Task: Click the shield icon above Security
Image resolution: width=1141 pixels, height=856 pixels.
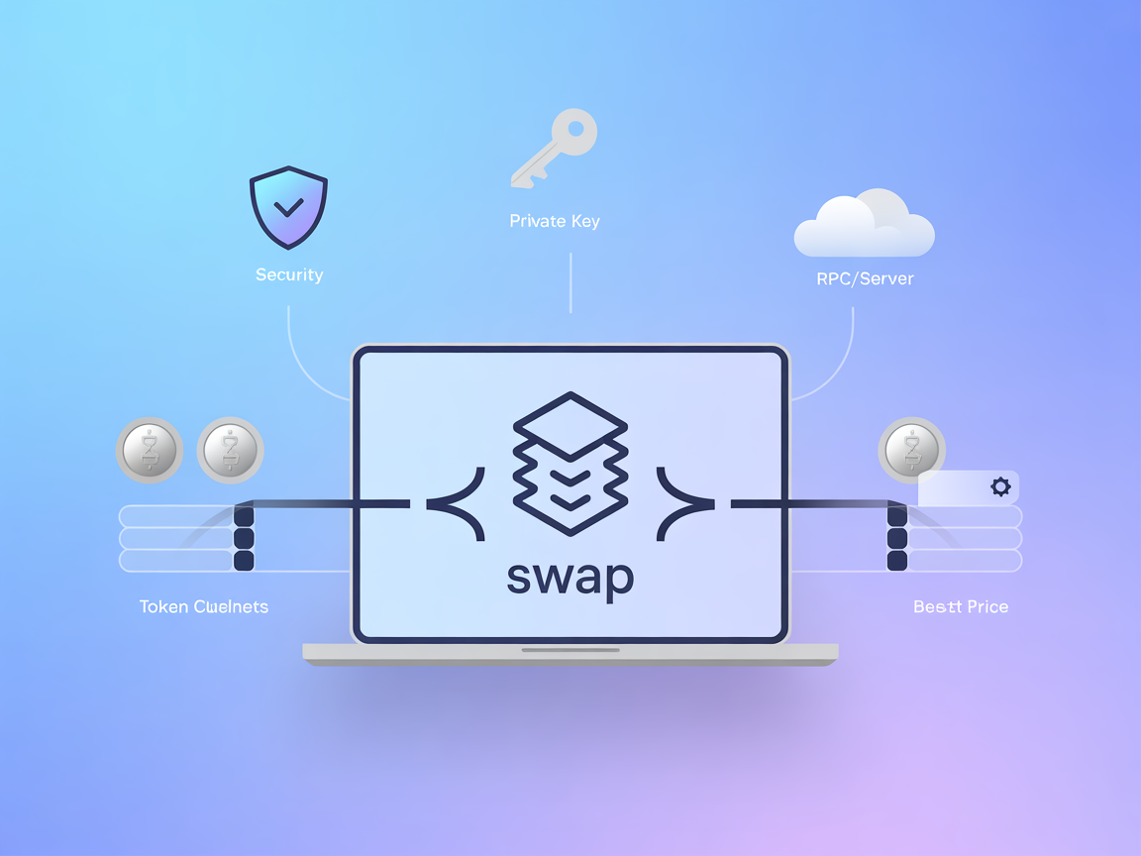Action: (x=288, y=207)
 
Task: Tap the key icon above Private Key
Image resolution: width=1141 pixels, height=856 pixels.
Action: (x=554, y=149)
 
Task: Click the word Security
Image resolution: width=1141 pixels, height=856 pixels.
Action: (x=289, y=274)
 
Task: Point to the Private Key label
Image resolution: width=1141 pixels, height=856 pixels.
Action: (x=555, y=221)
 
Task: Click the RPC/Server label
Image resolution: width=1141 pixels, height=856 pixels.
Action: (x=865, y=278)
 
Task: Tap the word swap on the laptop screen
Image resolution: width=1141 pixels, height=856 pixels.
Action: (x=570, y=577)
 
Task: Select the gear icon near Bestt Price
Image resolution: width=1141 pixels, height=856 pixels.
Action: (x=1000, y=486)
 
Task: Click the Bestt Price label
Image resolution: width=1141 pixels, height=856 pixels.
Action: (x=961, y=606)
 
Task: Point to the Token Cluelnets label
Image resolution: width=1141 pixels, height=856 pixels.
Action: (x=204, y=606)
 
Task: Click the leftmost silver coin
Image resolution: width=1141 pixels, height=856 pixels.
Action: (x=150, y=451)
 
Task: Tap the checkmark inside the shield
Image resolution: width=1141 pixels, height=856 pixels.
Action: (x=289, y=208)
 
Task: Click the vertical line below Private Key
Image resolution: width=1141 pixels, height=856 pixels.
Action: (x=570, y=282)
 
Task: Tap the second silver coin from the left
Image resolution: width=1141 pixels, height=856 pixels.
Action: (x=230, y=451)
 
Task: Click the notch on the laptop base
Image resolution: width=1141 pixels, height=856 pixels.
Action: (x=570, y=650)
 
